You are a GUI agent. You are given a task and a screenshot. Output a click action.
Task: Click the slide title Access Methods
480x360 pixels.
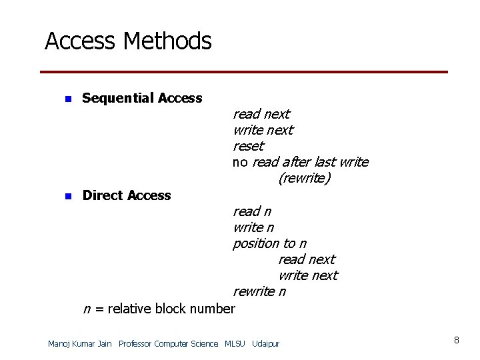tap(128, 42)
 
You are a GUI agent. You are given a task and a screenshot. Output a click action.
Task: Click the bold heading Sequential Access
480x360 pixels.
tap(142, 99)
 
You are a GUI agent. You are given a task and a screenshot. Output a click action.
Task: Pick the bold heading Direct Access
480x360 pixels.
tap(127, 196)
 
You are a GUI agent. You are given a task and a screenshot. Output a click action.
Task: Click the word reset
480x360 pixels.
tap(248, 146)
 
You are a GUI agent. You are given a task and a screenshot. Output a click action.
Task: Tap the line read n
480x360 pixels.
tap(251, 211)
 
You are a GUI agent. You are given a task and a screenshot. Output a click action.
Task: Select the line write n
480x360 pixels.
tap(253, 227)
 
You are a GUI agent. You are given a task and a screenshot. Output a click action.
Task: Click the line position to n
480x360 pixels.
tap(269, 244)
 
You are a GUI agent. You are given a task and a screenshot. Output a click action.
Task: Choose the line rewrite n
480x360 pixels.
tap(259, 292)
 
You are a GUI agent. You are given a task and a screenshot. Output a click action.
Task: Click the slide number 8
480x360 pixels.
tap(456, 341)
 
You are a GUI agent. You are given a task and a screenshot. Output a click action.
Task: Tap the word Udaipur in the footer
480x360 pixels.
tap(266, 344)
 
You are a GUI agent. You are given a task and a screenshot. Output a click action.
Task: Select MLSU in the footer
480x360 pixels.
tap(235, 344)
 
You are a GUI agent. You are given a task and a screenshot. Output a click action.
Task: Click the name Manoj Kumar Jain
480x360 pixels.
tap(80, 344)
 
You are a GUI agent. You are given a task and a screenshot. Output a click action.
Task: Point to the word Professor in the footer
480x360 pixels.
tap(135, 344)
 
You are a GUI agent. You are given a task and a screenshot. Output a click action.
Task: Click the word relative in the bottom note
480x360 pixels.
tap(129, 309)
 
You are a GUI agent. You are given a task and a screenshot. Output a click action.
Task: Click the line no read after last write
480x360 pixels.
tap(300, 163)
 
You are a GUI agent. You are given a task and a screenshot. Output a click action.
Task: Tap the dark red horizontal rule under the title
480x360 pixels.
tap(244, 72)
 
